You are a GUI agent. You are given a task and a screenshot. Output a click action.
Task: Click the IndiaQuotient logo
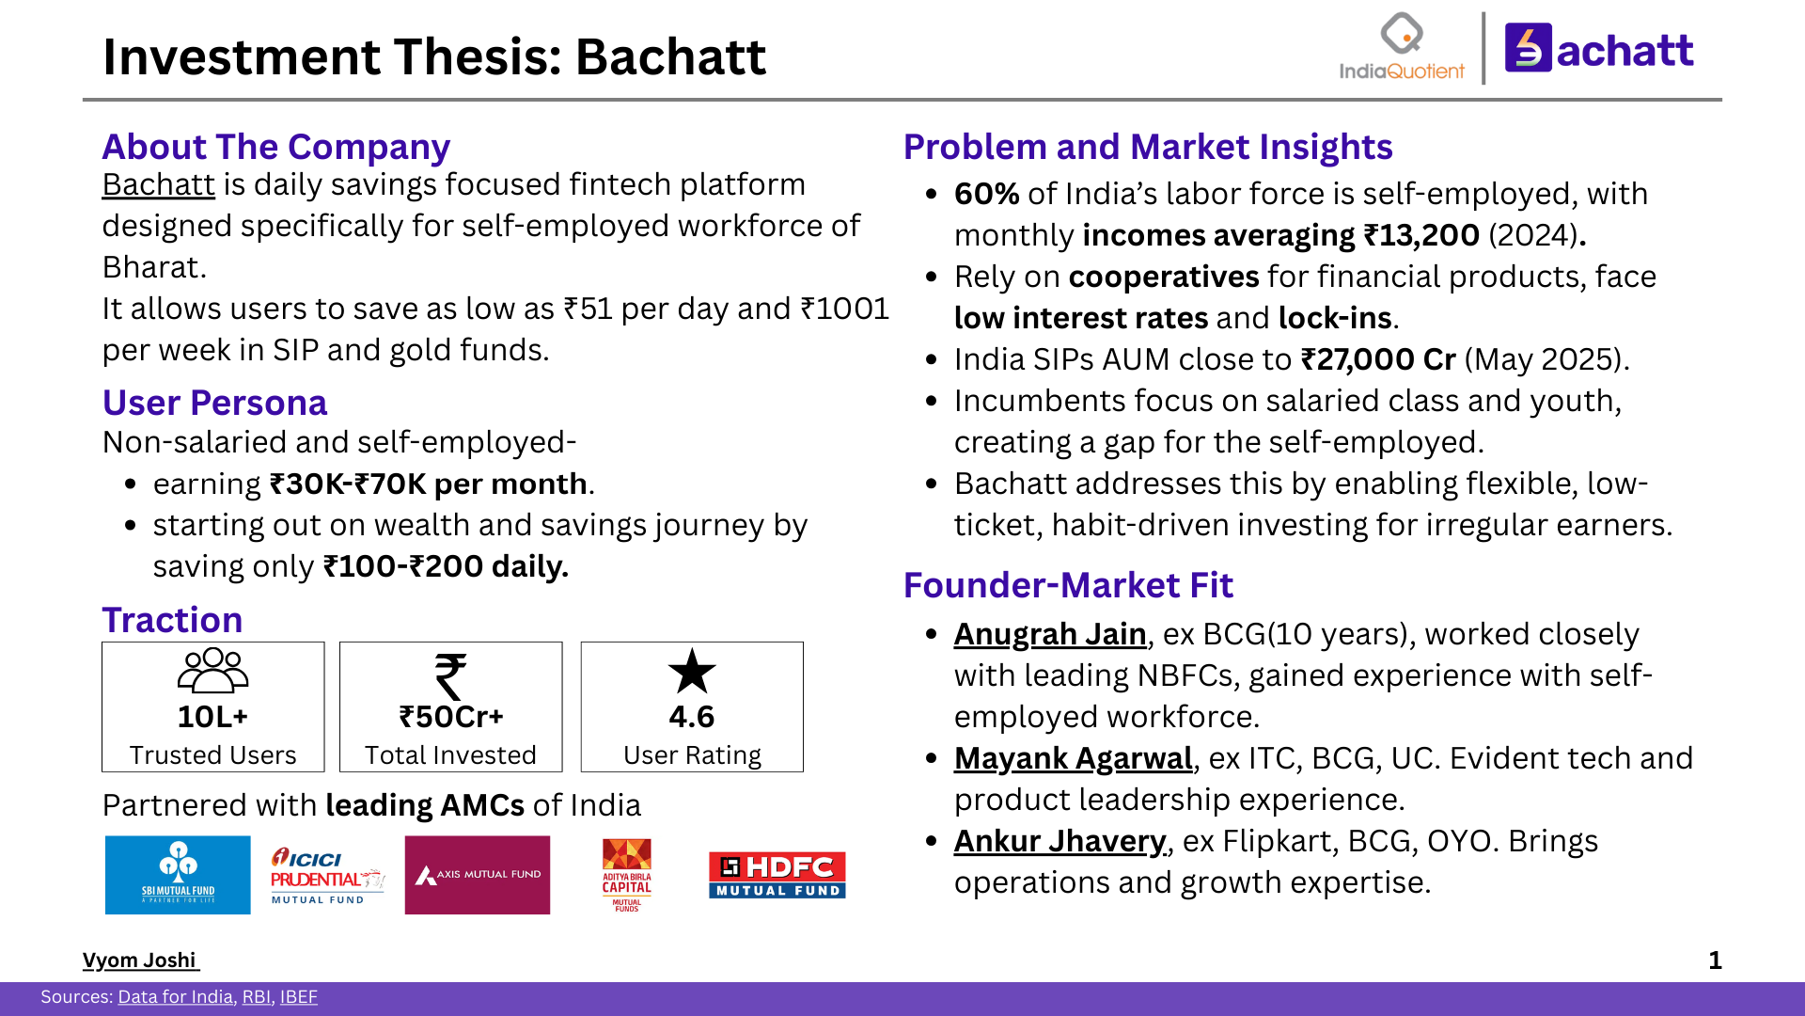click(x=1401, y=47)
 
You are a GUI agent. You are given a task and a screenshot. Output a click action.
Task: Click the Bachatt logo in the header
click(x=1599, y=49)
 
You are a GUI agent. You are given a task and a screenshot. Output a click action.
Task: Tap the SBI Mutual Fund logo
click(x=178, y=875)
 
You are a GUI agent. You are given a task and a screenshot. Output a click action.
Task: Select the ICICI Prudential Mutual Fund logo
click(x=326, y=875)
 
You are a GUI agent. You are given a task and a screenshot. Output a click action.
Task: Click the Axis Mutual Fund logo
click(x=478, y=875)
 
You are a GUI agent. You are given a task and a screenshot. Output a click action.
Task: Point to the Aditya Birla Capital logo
click(x=626, y=875)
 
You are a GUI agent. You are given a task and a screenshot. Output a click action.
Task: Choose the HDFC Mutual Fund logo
click(x=777, y=875)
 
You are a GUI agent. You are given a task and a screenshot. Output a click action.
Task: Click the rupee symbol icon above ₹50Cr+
click(x=450, y=676)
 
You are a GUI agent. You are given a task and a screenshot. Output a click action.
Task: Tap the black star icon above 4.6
click(x=692, y=672)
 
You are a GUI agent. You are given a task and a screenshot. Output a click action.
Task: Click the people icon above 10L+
click(x=213, y=671)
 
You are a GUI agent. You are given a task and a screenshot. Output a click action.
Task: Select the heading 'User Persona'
click(x=214, y=403)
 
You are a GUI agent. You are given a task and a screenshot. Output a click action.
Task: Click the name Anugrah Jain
click(x=1050, y=634)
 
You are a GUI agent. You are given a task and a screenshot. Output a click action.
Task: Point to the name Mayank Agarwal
click(x=1073, y=758)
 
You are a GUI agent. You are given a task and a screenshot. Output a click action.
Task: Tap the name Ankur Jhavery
click(x=1059, y=841)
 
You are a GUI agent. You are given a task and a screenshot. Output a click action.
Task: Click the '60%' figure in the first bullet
click(x=986, y=194)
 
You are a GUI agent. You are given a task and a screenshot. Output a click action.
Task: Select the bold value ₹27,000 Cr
click(x=1378, y=359)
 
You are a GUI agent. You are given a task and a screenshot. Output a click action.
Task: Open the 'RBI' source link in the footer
click(x=256, y=997)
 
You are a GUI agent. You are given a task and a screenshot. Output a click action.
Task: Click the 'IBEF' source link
click(x=298, y=997)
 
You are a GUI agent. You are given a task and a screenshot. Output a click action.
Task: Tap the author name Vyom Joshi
click(x=139, y=960)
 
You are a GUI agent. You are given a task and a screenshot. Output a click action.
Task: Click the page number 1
click(x=1715, y=960)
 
